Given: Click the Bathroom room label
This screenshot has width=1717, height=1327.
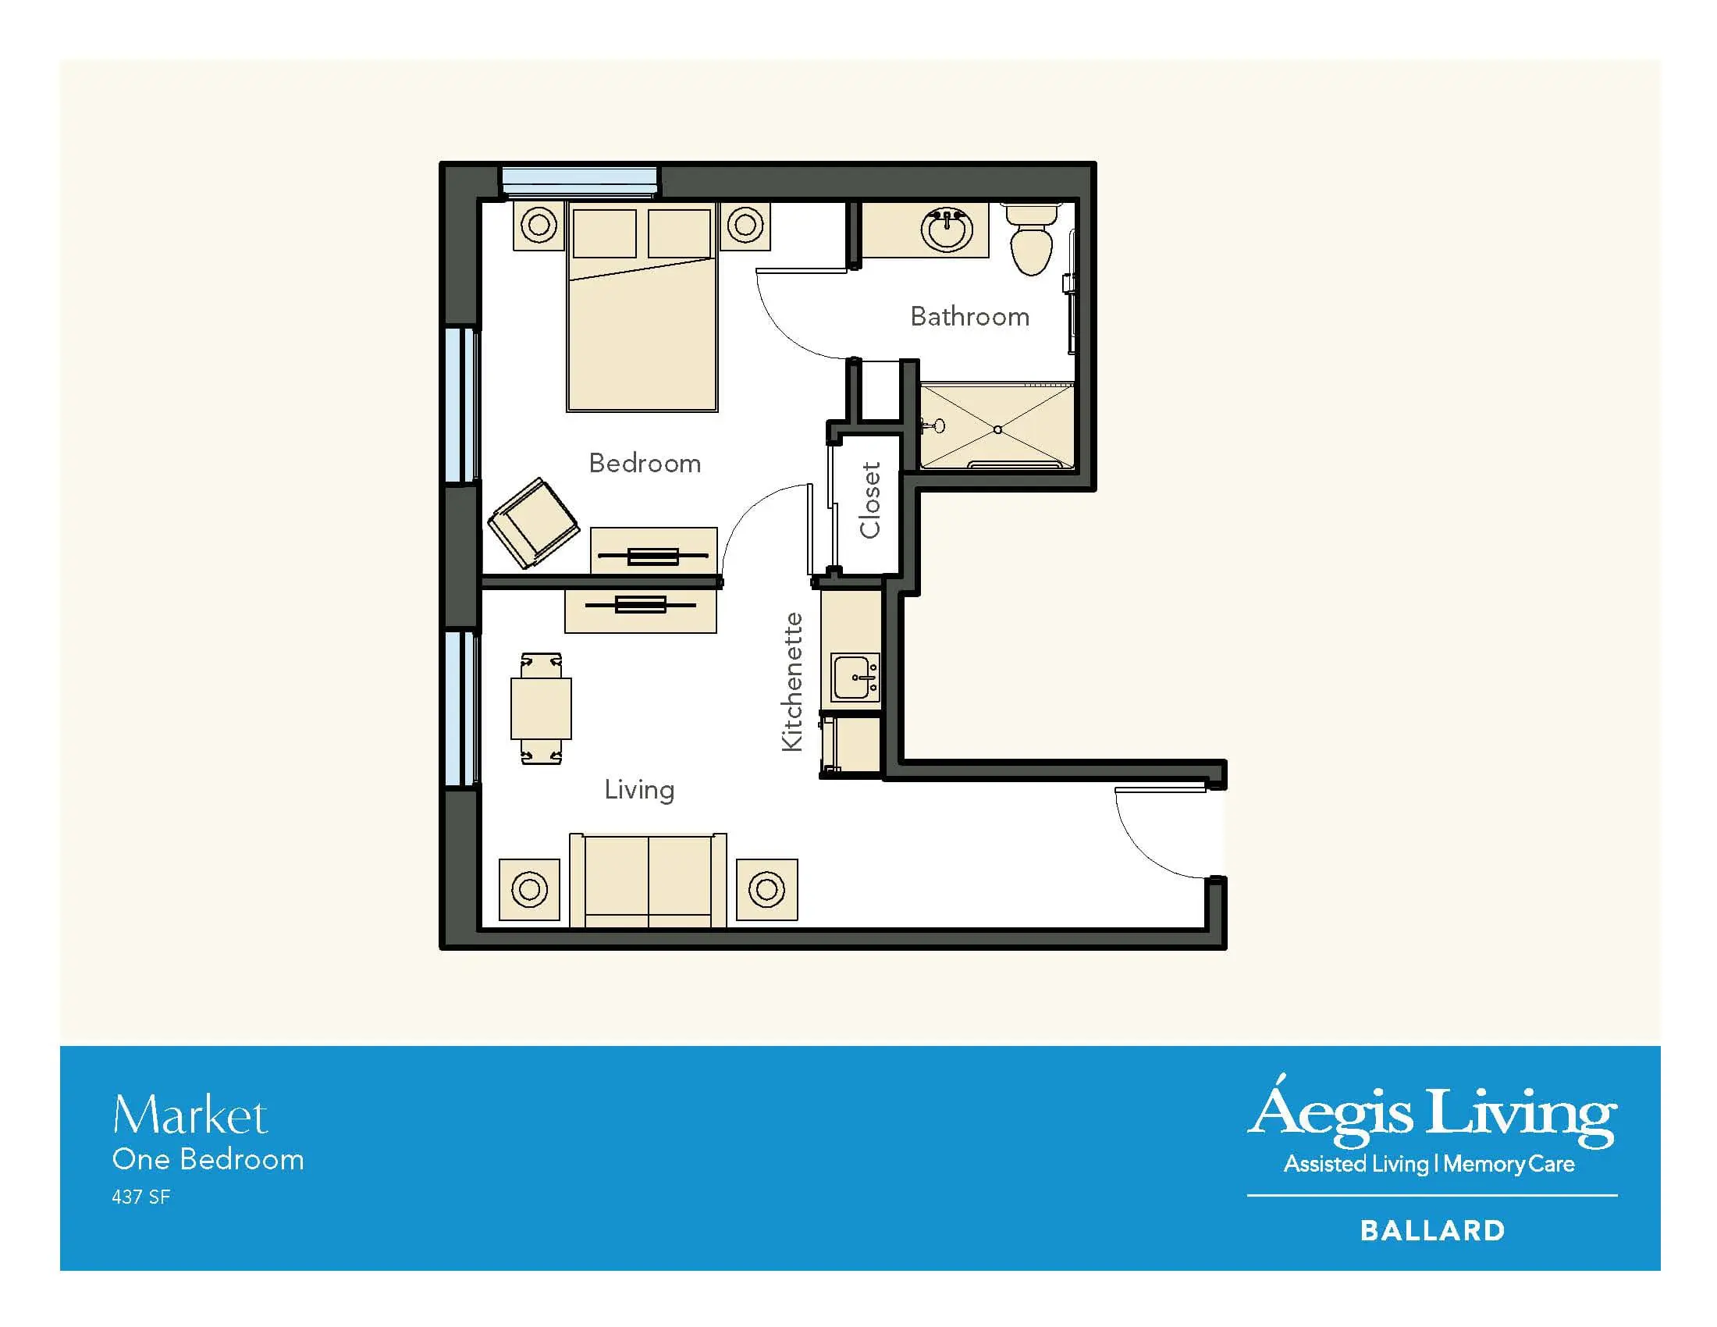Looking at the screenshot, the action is click(x=969, y=316).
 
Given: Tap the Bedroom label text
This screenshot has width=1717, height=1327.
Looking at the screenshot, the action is click(x=645, y=463).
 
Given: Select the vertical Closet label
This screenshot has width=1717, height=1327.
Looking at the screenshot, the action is click(x=869, y=500).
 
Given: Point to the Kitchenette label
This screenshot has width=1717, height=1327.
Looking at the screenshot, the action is click(x=792, y=681).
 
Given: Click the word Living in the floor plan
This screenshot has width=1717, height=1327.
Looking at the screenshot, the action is click(x=639, y=790).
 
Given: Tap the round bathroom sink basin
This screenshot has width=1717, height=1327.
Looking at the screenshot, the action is click(x=947, y=229).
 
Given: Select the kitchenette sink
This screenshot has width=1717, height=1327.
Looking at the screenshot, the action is click(x=855, y=677).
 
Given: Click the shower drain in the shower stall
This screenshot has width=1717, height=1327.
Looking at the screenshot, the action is click(x=997, y=429).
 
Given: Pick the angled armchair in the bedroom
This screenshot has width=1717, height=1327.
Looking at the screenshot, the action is click(x=533, y=523).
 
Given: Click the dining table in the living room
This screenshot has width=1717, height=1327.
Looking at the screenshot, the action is click(x=541, y=708).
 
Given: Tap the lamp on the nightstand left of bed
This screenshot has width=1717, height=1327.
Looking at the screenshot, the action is click(x=539, y=226).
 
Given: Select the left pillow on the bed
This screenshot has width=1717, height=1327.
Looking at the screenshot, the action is click(x=605, y=233).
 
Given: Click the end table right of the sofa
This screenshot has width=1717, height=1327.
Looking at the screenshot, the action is click(x=766, y=889).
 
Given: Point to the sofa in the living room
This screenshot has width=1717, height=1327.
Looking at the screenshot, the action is click(x=648, y=881).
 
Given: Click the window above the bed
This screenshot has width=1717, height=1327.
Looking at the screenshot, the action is click(x=579, y=182).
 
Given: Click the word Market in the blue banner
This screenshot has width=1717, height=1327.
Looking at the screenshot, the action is click(x=190, y=1115).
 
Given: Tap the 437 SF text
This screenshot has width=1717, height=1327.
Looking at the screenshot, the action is click(x=140, y=1197).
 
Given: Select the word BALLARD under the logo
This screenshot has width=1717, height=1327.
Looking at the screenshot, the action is click(x=1432, y=1230).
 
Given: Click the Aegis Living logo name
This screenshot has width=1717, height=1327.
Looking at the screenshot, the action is click(x=1431, y=1112).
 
